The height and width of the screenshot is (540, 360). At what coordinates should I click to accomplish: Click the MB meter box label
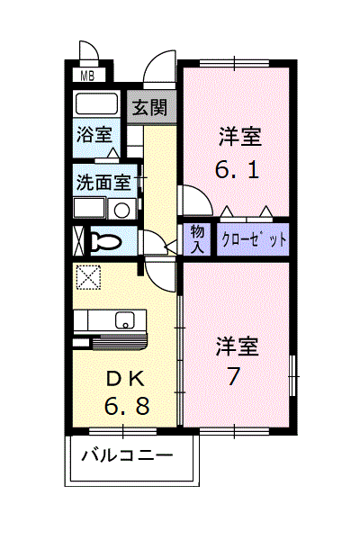tap(88, 75)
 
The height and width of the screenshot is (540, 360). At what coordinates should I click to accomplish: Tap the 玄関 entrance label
tap(150, 108)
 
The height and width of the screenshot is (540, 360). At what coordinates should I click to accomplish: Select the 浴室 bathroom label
tap(94, 135)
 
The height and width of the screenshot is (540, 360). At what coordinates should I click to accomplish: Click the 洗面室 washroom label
tap(103, 181)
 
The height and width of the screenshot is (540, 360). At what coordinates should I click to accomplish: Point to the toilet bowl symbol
tap(106, 241)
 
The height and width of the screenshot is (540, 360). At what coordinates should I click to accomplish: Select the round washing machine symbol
tap(120, 210)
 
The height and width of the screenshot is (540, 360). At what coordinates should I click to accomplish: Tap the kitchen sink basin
tap(124, 319)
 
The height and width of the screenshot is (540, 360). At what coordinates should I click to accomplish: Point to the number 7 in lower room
tap(233, 375)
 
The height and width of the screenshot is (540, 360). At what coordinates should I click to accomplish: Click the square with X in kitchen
tap(88, 278)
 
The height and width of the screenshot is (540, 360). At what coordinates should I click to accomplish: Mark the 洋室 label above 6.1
tap(239, 138)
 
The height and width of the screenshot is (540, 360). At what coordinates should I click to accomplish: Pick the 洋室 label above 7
tap(237, 346)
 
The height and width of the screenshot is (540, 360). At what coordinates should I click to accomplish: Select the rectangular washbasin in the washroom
tap(89, 210)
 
